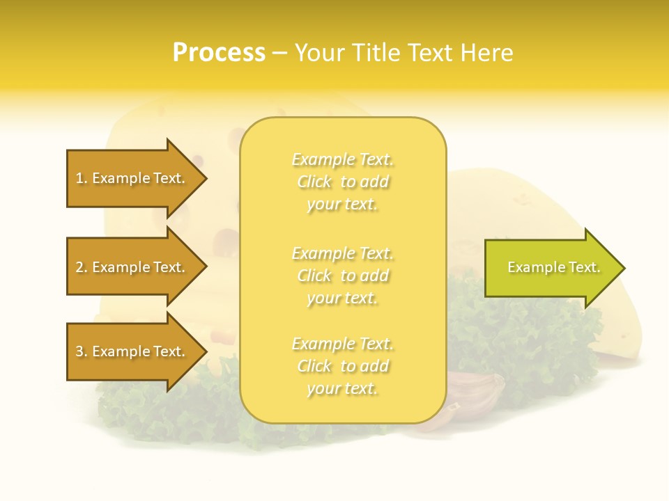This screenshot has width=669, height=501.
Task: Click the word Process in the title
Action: [219, 53]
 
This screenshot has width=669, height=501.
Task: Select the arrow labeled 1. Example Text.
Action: [132, 178]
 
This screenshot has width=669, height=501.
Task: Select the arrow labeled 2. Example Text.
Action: [132, 267]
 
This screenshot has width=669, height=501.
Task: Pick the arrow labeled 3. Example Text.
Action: [132, 351]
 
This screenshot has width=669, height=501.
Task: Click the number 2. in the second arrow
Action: [82, 267]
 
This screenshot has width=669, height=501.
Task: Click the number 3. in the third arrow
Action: [82, 351]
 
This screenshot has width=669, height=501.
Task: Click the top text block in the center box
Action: [342, 182]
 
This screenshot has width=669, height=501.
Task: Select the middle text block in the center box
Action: [342, 275]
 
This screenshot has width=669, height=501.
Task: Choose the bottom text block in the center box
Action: [342, 366]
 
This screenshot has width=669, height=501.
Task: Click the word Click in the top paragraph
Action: [314, 182]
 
